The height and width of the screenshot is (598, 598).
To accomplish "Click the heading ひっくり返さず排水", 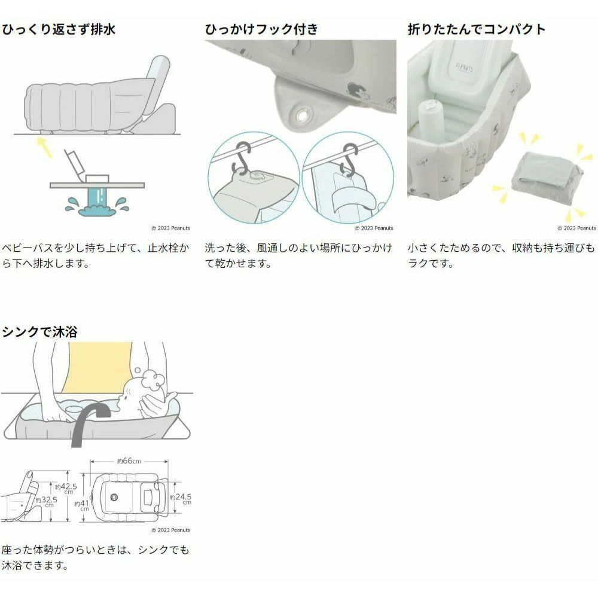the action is tap(59, 29).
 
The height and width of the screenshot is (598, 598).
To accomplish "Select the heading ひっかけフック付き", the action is tap(261, 29).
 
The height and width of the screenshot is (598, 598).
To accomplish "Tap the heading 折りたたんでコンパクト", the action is tap(477, 29).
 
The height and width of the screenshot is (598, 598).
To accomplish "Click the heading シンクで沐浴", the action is tap(39, 331).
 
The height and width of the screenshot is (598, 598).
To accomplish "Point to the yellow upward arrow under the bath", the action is tap(45, 148).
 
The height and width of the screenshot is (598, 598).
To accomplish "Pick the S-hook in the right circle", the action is tap(349, 160).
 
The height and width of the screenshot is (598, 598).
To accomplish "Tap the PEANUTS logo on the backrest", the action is tap(465, 68).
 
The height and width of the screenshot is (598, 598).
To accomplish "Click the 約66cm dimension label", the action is tap(129, 461).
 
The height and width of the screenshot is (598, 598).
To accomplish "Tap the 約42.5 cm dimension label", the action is tap(66, 488).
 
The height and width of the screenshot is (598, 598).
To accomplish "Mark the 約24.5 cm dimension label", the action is tap(181, 499).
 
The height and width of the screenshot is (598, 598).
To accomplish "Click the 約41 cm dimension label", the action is tap(81, 505).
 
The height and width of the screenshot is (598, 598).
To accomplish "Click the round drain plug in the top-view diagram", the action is tap(114, 498).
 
